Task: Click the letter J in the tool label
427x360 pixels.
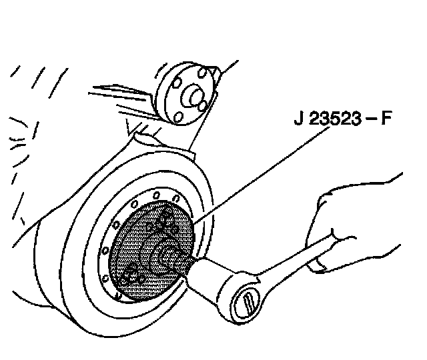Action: point(298,122)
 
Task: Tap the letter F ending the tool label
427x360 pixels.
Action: point(386,122)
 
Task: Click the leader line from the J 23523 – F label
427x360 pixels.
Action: point(267,173)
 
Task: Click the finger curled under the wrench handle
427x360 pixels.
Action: point(319,263)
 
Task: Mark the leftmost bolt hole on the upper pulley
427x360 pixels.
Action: point(175,85)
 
